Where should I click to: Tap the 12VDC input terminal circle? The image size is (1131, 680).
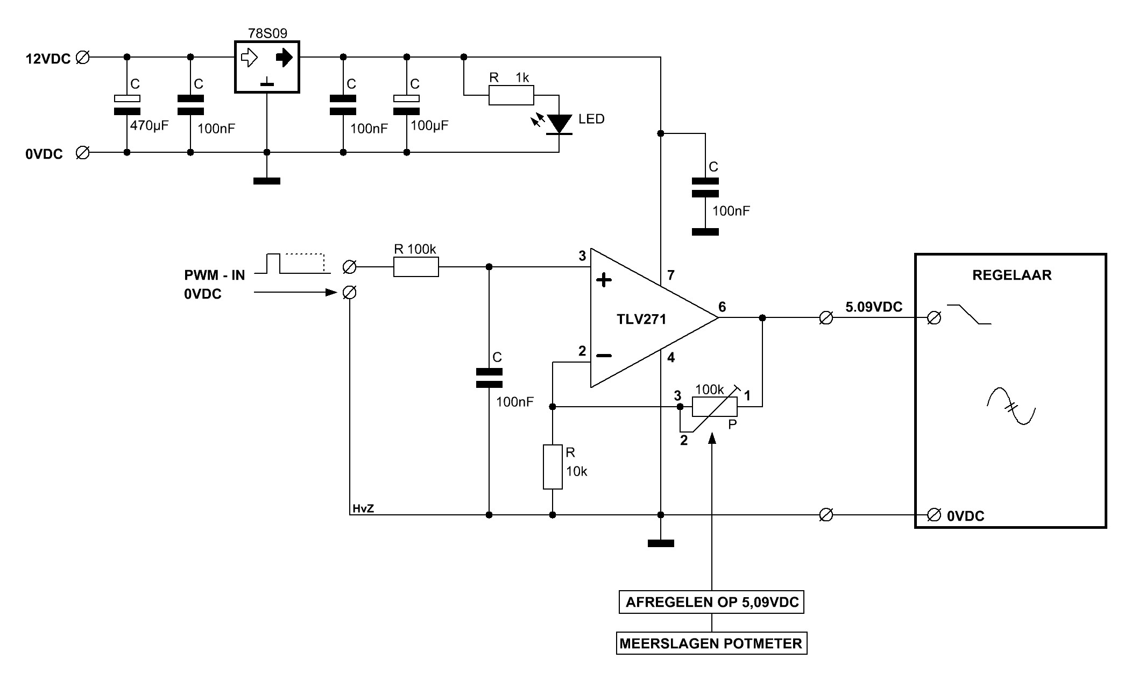pyautogui.click(x=83, y=57)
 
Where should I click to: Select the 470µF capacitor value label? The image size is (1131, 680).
pyautogui.click(x=149, y=126)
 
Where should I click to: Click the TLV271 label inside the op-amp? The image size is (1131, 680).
pyautogui.click(x=641, y=319)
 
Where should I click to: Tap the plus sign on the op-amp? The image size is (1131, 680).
pyautogui.click(x=604, y=280)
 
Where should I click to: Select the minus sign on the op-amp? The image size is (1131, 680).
pyautogui.click(x=604, y=356)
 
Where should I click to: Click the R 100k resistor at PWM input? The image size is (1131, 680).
pyautogui.click(x=416, y=267)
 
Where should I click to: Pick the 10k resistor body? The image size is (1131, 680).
pyautogui.click(x=553, y=467)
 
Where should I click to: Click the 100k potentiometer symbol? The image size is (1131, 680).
pyautogui.click(x=715, y=407)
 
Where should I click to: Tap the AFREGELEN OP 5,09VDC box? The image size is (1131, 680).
pyautogui.click(x=712, y=601)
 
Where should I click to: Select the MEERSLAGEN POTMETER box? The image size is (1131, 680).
pyautogui.click(x=711, y=643)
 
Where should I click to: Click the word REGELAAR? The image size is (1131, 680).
pyautogui.click(x=1012, y=275)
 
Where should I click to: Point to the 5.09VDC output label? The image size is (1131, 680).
pyautogui.click(x=874, y=307)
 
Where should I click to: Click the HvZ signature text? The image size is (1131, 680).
pyautogui.click(x=363, y=508)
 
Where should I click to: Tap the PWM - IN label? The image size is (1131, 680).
pyautogui.click(x=214, y=275)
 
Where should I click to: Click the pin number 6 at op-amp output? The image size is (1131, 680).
pyautogui.click(x=722, y=307)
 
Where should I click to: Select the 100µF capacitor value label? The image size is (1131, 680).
pyautogui.click(x=429, y=126)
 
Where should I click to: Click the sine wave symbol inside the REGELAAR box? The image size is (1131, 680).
pyautogui.click(x=1012, y=406)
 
